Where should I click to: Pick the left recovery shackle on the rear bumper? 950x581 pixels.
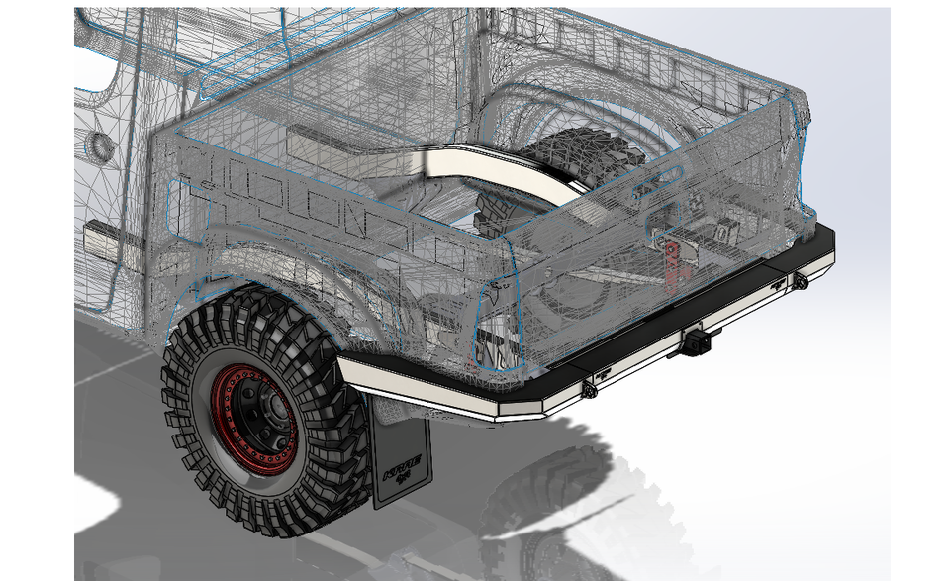point(590,390)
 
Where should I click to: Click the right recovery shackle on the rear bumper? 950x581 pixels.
point(800,282)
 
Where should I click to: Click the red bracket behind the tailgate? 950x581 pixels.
point(676,258)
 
